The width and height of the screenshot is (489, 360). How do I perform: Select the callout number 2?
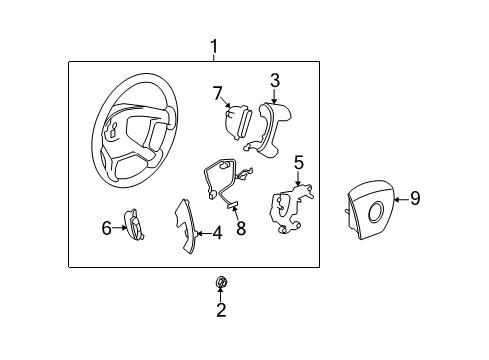[221, 310]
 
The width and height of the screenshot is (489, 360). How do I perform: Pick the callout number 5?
[298, 161]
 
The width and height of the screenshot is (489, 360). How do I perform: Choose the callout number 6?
[107, 228]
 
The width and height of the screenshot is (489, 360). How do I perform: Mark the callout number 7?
[215, 93]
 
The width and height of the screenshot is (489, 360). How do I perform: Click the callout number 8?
[240, 228]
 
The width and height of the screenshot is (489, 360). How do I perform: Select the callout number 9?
[415, 198]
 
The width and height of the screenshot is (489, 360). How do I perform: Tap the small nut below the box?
[221, 284]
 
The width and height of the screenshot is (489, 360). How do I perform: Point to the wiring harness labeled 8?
[224, 182]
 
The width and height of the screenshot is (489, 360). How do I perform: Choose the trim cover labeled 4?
[186, 226]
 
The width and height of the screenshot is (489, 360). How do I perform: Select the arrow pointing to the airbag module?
[400, 199]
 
